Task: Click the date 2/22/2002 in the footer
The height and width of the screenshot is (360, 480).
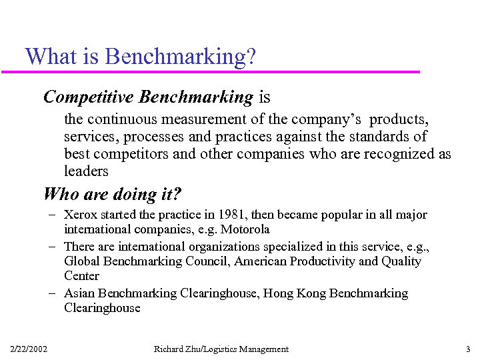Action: [29, 349]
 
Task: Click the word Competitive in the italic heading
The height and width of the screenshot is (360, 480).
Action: [89, 97]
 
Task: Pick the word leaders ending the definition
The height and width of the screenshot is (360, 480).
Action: [86, 171]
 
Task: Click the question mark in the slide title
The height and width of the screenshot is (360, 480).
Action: [251, 56]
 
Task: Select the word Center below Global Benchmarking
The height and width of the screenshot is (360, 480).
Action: [82, 276]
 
